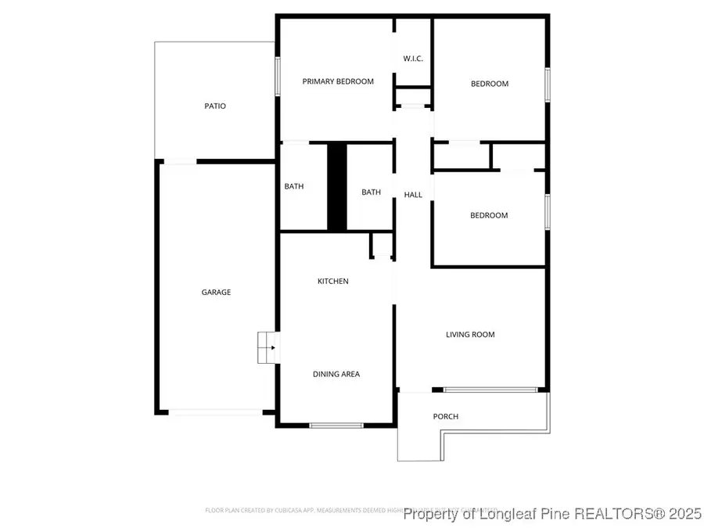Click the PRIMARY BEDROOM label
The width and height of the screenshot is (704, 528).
pos(338,81)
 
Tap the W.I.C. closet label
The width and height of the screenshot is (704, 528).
pos(413,59)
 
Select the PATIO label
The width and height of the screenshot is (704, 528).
pos(215,106)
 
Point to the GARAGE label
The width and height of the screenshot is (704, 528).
pos(216,293)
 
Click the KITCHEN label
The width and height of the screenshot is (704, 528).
pos(332,282)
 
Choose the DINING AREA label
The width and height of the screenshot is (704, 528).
pos(336,374)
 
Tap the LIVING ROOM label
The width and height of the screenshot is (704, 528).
pos(470,335)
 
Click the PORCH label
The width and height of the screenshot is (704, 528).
pos(446,416)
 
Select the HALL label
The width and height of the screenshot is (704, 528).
pos(413,195)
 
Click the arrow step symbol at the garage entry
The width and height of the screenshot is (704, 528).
pos(268,347)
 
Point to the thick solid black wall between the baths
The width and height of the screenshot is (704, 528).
pos(336,187)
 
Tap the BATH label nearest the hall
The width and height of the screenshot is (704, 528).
pos(371,192)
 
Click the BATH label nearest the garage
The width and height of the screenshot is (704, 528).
pos(294,186)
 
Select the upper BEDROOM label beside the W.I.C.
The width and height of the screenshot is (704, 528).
pos(489,84)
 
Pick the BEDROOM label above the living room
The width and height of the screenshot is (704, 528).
pos(489,215)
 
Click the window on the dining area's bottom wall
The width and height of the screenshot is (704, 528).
pos(336,425)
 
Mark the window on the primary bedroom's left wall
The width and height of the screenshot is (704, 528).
pos(277,77)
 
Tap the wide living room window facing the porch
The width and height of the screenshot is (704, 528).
pos(490,390)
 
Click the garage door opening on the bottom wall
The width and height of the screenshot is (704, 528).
pos(216,412)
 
